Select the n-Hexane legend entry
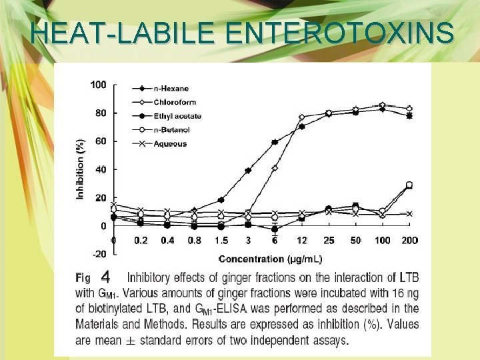point(171,89)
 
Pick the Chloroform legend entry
point(174,102)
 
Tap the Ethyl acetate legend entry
point(177,116)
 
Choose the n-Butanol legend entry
point(173,129)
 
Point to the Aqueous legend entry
point(170,143)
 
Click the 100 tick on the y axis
point(98,85)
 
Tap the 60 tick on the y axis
point(100,141)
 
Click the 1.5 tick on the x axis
point(221,240)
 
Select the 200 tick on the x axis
point(409,240)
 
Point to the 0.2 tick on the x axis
point(140,240)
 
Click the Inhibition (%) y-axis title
point(81,169)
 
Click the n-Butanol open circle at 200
point(409,185)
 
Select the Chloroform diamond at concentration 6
point(275,168)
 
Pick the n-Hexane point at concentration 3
point(248,171)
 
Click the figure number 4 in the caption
point(105,276)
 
